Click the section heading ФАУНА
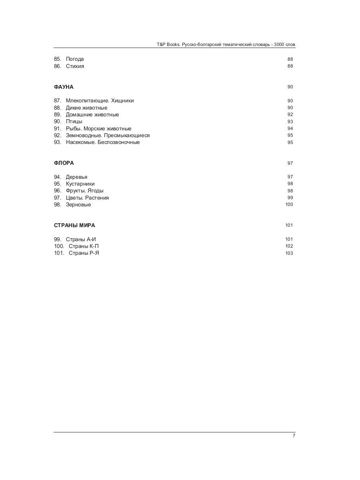click(x=64, y=87)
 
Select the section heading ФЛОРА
click(x=64, y=163)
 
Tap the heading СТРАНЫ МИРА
click(x=74, y=225)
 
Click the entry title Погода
click(x=75, y=59)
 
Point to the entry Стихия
click(x=75, y=66)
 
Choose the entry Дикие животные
click(x=86, y=108)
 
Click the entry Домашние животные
click(x=92, y=115)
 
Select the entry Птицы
click(x=74, y=122)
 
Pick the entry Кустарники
click(x=80, y=184)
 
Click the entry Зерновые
click(x=78, y=205)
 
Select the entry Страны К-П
click(x=84, y=246)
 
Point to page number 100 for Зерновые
click(x=289, y=204)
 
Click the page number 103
click(x=289, y=253)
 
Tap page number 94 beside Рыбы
click(x=290, y=128)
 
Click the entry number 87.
click(x=57, y=101)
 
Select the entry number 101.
click(x=59, y=253)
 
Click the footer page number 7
click(x=294, y=436)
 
